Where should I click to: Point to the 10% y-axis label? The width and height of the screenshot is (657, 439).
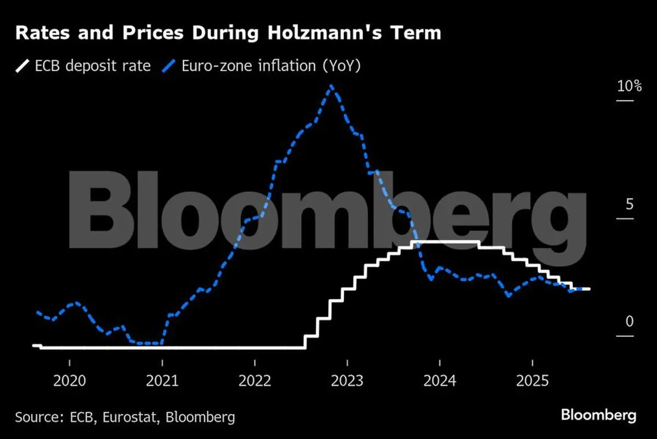pos(629,86)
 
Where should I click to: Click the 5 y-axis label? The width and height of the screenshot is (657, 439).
pos(629,204)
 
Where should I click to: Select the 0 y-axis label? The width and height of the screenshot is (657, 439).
pos(629,321)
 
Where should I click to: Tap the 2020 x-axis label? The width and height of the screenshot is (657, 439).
pos(70,380)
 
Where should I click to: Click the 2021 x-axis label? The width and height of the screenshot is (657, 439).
pos(162,380)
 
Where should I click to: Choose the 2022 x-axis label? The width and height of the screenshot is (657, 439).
pos(255,380)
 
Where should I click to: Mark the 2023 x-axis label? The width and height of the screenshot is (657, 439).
pos(347,380)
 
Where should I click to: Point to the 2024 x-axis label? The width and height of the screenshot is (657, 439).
pos(440,380)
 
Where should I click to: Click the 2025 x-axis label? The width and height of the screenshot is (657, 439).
pos(532,380)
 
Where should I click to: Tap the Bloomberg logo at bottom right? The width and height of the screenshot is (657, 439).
pos(598,415)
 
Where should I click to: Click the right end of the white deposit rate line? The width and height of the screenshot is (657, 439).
pos(589,288)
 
